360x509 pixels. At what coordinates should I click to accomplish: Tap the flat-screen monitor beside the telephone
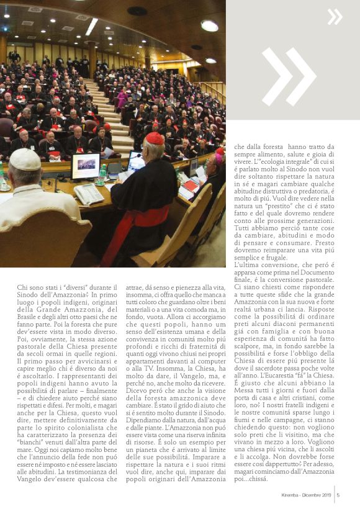pyautogui.click(x=86, y=166)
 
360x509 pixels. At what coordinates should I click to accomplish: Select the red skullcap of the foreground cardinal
pyautogui.click(x=155, y=138)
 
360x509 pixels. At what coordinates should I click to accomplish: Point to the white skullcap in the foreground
pyautogui.click(x=25, y=160)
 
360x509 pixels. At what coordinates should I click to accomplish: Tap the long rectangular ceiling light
pyautogui.click(x=91, y=26)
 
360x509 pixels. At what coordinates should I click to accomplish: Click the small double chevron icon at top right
pyautogui.click(x=335, y=16)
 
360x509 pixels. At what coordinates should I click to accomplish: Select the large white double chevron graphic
pyautogui.click(x=288, y=76)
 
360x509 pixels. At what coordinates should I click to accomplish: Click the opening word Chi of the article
pyautogui.click(x=23, y=287)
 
